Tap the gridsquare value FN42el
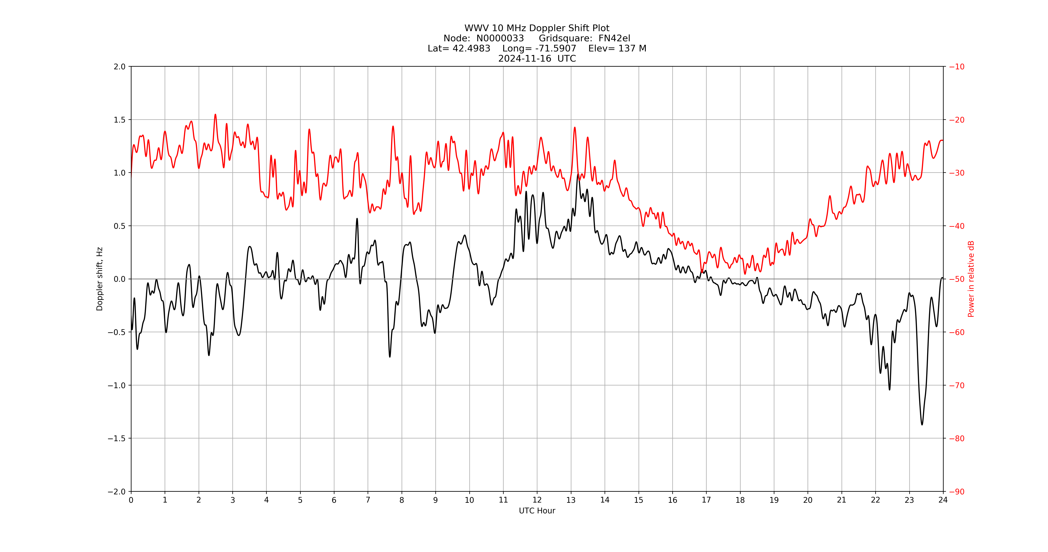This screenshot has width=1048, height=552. pyautogui.click(x=614, y=38)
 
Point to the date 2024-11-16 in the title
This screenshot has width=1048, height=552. pyautogui.click(x=525, y=59)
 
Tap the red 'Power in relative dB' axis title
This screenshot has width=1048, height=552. pyautogui.click(x=971, y=279)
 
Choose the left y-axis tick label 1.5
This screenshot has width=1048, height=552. pyautogui.click(x=120, y=120)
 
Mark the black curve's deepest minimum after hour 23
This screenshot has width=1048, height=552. pyautogui.click(x=922, y=425)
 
